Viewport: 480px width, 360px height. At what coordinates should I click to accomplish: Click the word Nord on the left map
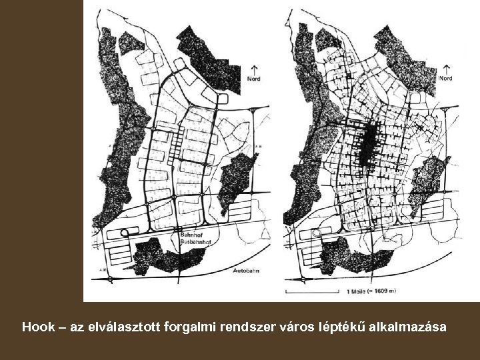[253, 79]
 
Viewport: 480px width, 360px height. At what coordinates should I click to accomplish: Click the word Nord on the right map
[446, 79]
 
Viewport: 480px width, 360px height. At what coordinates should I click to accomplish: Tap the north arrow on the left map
[253, 69]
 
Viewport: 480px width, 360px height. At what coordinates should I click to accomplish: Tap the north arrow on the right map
[446, 69]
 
